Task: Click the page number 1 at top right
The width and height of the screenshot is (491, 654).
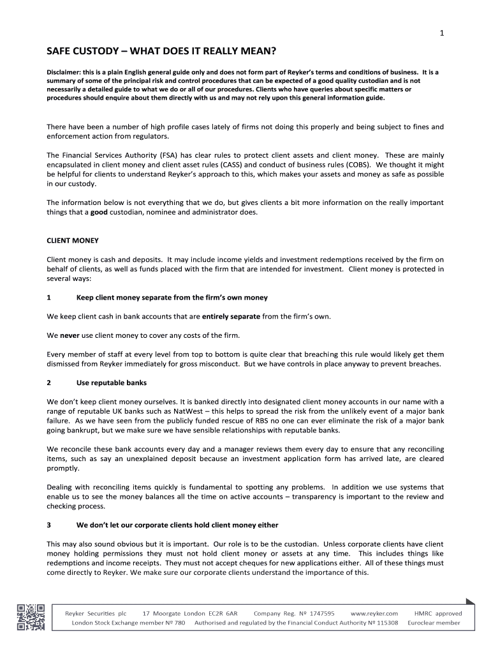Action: (441, 34)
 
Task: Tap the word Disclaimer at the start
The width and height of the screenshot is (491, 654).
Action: (66, 72)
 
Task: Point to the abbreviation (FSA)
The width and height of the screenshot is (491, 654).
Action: (168, 155)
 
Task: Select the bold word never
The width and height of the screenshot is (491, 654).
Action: (70, 335)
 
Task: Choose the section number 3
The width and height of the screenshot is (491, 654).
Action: (49, 525)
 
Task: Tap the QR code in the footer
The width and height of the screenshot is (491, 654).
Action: (31, 616)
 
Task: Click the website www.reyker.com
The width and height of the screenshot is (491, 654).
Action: (374, 613)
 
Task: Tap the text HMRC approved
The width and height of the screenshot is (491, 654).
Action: (438, 613)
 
